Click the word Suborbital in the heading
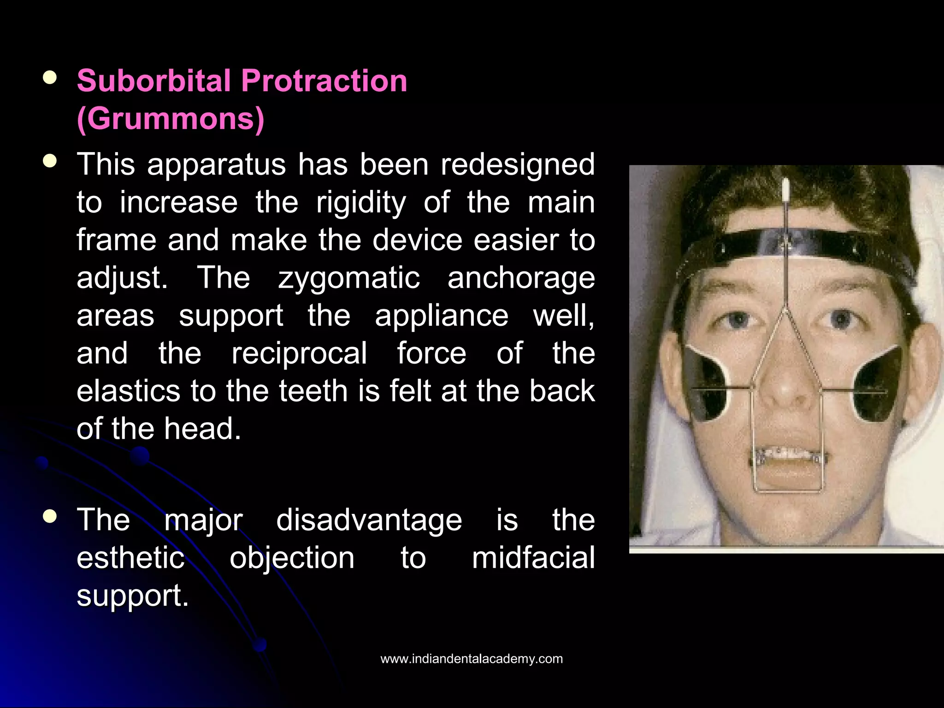point(153,81)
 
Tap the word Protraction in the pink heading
point(324,81)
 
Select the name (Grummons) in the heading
point(171,119)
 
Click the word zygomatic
point(349,278)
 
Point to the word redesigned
point(518,165)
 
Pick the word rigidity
point(361,202)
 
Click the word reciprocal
point(299,354)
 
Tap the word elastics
point(128,391)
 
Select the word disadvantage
point(369,520)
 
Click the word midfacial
point(533,558)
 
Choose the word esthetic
point(130,558)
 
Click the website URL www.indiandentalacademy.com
point(472,659)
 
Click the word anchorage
point(521,278)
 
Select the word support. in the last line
point(133,596)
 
